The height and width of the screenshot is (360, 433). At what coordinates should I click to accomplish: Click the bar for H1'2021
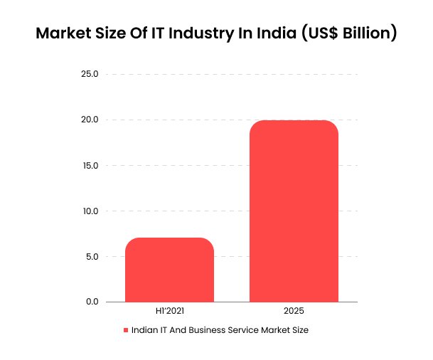click(169, 270)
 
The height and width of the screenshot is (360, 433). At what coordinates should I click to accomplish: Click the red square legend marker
click(126, 331)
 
